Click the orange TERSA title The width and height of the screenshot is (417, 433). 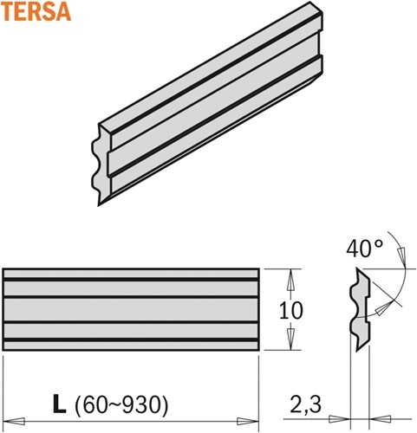[34, 14]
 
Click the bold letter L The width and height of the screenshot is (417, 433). [58, 404]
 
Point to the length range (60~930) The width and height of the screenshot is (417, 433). [121, 404]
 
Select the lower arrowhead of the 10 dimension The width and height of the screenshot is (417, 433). [292, 344]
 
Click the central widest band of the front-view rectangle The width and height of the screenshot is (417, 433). [130, 309]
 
